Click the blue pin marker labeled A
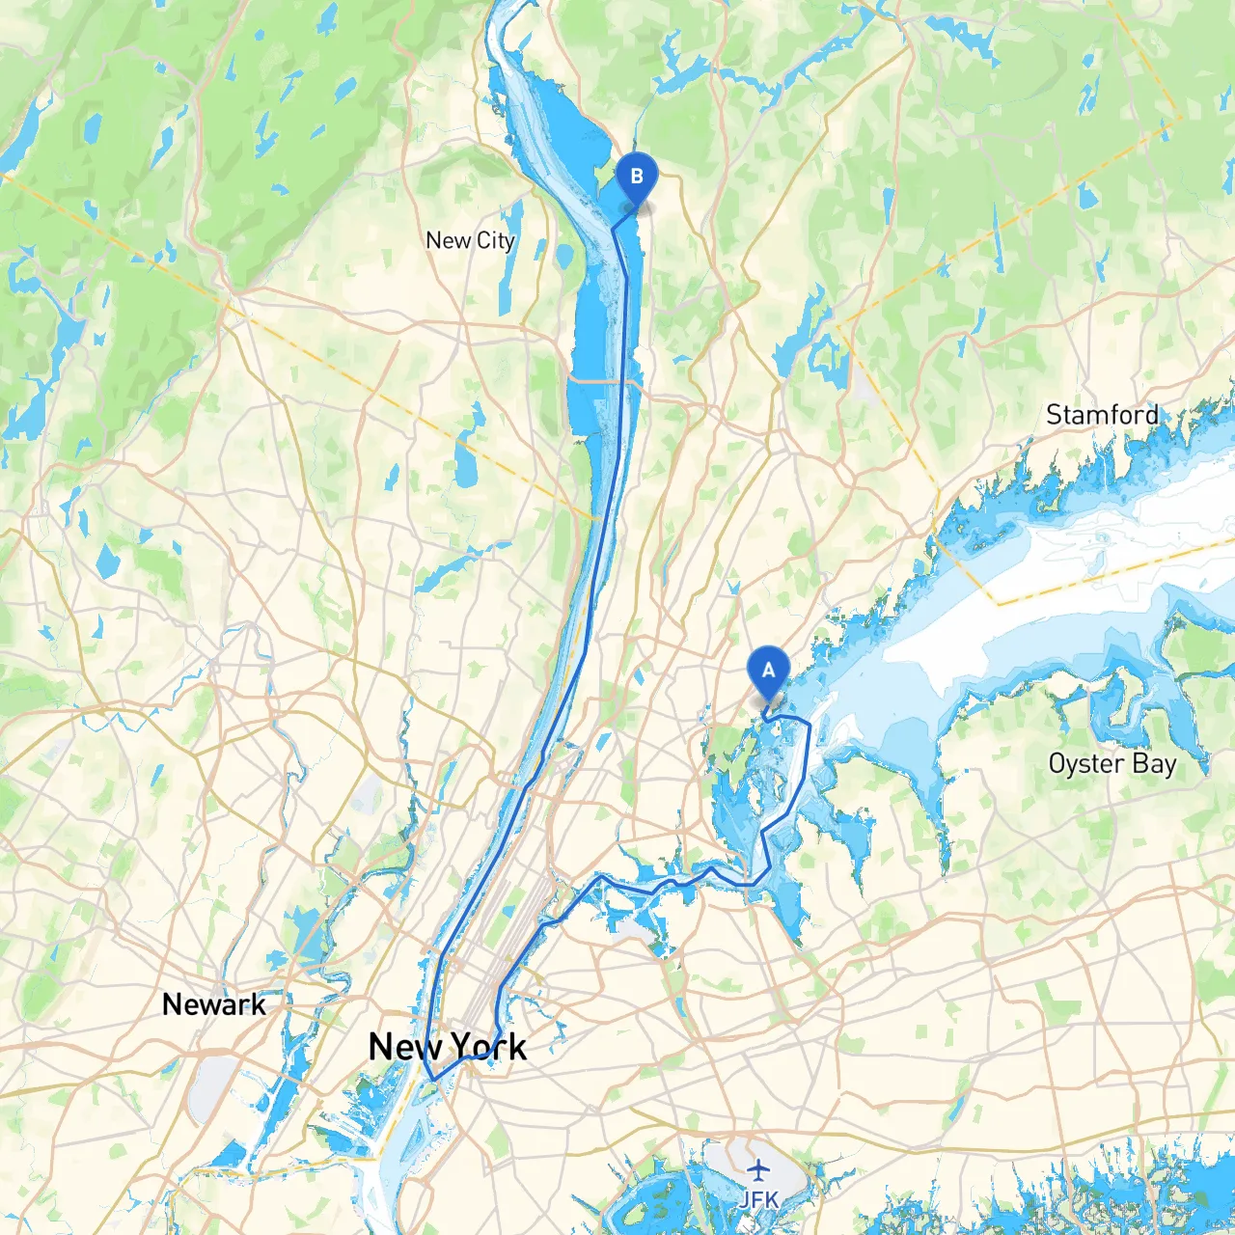[x=769, y=670]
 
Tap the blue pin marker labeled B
[x=636, y=178]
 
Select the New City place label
[x=470, y=240]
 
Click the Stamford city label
[x=1102, y=415]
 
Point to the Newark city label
[x=213, y=1004]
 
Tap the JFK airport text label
[x=758, y=1199]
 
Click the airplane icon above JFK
[x=759, y=1170]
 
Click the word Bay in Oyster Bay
[x=1154, y=764]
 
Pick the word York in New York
[x=488, y=1047]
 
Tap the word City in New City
[x=495, y=240]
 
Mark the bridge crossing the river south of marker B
[x=604, y=382]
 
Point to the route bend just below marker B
[x=614, y=229]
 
